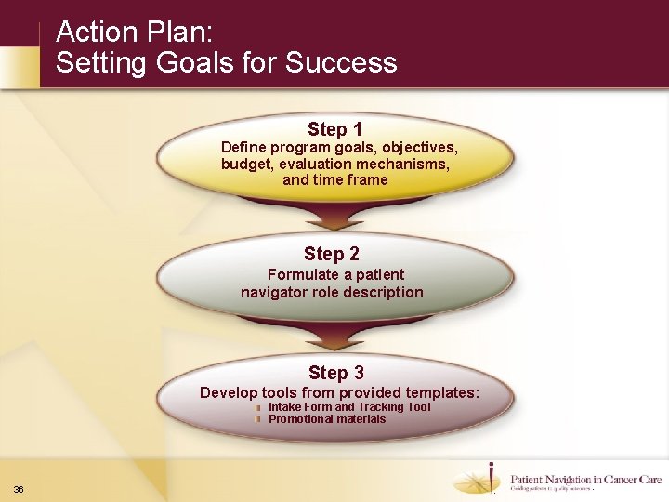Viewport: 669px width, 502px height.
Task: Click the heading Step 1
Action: pos(334,129)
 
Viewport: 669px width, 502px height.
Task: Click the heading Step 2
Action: pos(332,254)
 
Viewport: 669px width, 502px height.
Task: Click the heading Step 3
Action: pos(335,373)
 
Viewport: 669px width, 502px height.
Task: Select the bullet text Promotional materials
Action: pos(326,419)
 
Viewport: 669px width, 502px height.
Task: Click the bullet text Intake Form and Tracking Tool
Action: pos(349,407)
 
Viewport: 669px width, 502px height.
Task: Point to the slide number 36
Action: pos(19,490)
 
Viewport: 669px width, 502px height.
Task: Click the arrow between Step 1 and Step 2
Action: pos(335,219)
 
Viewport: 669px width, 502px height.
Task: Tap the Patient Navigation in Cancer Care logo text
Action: pos(585,480)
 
